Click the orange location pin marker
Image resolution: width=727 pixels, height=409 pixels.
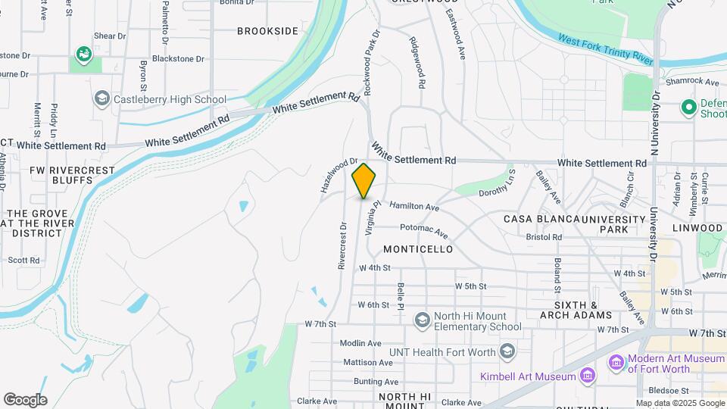coord(363,181)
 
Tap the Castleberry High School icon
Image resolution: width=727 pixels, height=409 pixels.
coord(101,98)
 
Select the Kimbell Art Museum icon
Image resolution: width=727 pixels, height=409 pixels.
coord(586,376)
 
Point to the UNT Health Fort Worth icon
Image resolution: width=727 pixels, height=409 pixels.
coord(507,351)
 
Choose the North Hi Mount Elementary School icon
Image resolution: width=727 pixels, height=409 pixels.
coord(422,320)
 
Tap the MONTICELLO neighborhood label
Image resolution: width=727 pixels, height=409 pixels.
coord(418,249)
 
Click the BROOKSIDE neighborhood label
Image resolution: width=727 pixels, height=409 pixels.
coord(267,31)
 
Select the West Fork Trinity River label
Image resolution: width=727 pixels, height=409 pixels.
coord(606,48)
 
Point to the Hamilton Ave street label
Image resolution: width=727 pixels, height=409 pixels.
coord(414,206)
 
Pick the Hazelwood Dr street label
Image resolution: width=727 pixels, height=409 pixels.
coord(339,174)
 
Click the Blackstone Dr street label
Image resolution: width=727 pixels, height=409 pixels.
coord(178,58)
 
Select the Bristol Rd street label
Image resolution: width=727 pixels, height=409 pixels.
coord(544,237)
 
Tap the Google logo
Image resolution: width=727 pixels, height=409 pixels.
coord(25,400)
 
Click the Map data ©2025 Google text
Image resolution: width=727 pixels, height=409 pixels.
coord(681,404)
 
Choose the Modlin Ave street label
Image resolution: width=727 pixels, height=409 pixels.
coord(360,343)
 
